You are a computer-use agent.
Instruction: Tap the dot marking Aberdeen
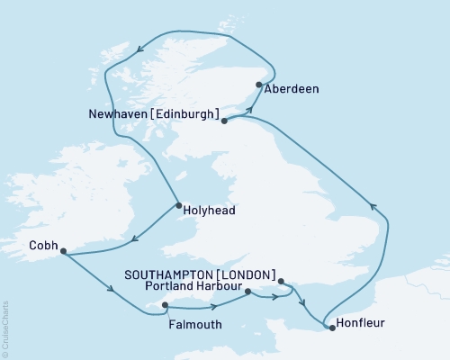point(259,85)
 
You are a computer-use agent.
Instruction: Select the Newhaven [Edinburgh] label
point(154,114)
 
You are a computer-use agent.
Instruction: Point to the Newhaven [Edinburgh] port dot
point(224,121)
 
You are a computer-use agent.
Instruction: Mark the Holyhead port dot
point(178,205)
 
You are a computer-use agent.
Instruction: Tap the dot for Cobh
point(62,253)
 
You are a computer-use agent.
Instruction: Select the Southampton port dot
point(282,281)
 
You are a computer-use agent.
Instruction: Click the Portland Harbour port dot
point(247,290)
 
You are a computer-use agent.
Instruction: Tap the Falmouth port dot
point(165,305)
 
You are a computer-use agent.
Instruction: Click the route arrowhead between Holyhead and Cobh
point(134,239)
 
